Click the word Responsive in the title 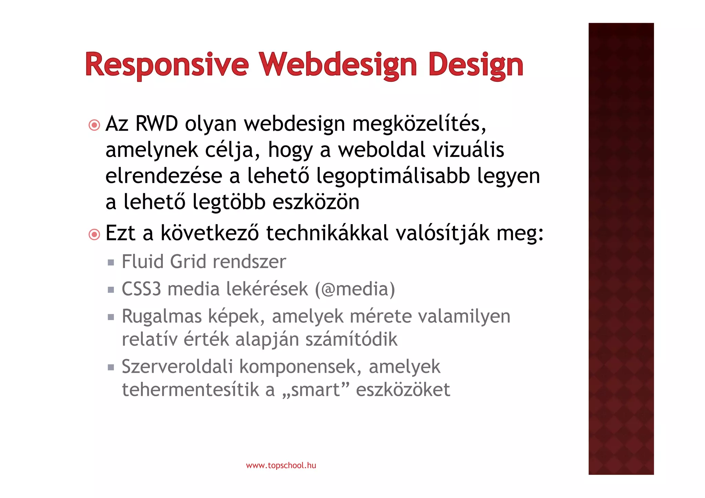(167, 64)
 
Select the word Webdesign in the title (338, 64)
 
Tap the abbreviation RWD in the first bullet (157, 123)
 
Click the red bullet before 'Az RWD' (94, 125)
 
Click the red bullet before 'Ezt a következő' (94, 235)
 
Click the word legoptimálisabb (393, 176)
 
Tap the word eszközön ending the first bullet (316, 202)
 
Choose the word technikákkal (327, 233)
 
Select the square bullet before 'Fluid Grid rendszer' (111, 263)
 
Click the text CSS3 (141, 289)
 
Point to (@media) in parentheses (355, 289)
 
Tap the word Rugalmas (161, 316)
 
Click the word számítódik (351, 339)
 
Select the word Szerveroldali (177, 366)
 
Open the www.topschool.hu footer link (281, 465)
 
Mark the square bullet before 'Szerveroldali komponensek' (111, 368)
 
